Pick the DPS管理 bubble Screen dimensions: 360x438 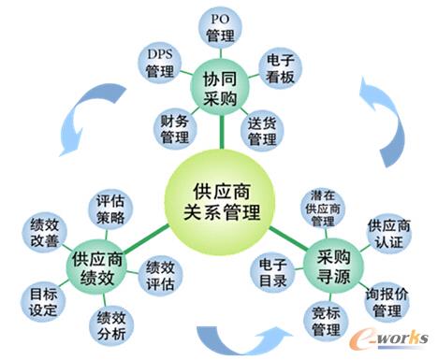pyautogui.click(x=160, y=62)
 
